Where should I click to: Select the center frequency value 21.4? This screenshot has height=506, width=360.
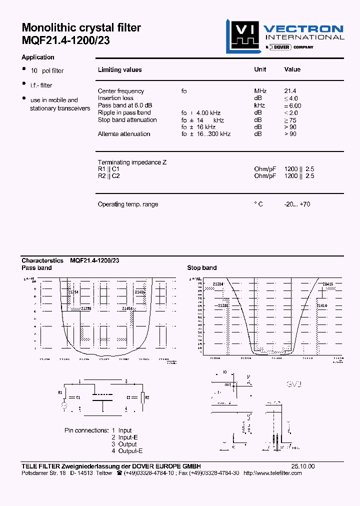(290, 91)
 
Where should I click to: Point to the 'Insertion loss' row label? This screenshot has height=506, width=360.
(115, 98)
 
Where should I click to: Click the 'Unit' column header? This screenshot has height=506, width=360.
(260, 69)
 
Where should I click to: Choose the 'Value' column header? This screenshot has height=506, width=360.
(292, 69)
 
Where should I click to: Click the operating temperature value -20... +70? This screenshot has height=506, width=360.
(297, 204)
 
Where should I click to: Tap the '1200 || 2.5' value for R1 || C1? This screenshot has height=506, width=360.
(299, 169)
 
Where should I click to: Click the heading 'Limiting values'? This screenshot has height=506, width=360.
(119, 70)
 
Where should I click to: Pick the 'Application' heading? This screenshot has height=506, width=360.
(38, 57)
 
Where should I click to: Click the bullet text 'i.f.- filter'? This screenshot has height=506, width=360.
(41, 85)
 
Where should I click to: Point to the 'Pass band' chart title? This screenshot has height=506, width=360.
(36, 268)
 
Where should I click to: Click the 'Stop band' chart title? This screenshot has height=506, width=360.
(202, 268)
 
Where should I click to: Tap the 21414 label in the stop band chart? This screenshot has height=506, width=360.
(321, 305)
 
